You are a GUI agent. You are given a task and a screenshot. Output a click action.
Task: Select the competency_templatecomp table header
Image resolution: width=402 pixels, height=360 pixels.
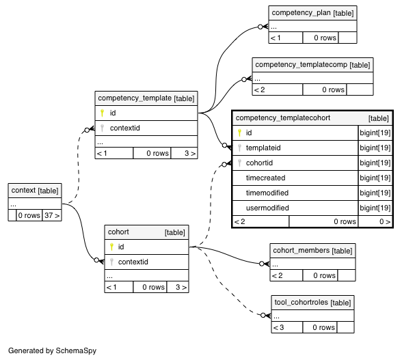312,65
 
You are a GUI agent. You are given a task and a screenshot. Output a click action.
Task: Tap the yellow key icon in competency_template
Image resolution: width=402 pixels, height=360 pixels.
102,113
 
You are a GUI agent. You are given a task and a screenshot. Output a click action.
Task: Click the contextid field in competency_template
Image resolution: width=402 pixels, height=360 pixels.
125,128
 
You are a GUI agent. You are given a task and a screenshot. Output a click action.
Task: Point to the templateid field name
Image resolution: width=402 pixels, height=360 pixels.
263,148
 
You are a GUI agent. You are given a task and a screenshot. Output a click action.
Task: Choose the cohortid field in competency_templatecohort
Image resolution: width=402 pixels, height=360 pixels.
259,163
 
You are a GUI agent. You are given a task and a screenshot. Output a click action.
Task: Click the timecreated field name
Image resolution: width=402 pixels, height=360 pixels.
265,178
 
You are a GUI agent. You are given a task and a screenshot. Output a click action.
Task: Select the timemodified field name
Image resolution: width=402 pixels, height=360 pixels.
267,193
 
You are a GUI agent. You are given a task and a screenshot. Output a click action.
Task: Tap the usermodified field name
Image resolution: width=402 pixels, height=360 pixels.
267,208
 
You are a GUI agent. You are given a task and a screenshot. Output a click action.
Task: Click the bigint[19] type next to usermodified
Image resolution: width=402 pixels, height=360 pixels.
375,208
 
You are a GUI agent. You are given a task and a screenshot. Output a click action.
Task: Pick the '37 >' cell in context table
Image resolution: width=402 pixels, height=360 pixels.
52,215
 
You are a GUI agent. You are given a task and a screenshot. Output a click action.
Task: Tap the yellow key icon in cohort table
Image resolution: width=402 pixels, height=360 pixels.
111,247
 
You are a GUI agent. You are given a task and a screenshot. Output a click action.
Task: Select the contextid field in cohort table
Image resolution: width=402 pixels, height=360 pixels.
133,262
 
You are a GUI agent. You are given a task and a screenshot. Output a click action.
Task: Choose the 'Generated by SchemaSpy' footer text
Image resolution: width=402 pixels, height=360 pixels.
52,350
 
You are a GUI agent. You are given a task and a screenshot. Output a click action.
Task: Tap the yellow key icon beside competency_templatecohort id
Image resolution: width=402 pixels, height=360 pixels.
239,133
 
